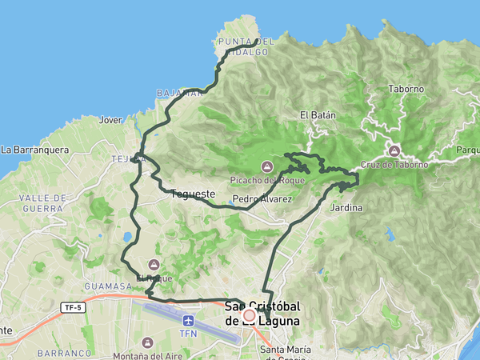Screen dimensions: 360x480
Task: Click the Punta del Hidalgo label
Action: tap(246, 46)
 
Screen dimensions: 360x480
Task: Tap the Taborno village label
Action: tap(405, 90)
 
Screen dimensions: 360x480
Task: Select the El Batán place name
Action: tap(318, 115)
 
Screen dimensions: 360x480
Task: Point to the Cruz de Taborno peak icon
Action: tap(394, 150)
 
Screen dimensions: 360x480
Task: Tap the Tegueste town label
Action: tap(193, 194)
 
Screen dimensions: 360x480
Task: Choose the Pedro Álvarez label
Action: tap(262, 198)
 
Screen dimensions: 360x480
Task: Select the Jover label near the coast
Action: tap(110, 120)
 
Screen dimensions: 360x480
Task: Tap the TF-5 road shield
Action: tap(73, 306)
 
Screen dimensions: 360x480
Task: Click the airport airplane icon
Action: tap(188, 320)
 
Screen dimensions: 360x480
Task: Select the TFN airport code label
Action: tap(188, 334)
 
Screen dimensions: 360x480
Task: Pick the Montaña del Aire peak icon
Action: tap(147, 342)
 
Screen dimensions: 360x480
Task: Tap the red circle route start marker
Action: tap(250, 316)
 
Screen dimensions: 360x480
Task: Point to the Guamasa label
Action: tap(106, 286)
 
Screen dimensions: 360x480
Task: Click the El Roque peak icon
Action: tap(154, 264)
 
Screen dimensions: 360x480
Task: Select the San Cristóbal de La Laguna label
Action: tap(262, 313)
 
